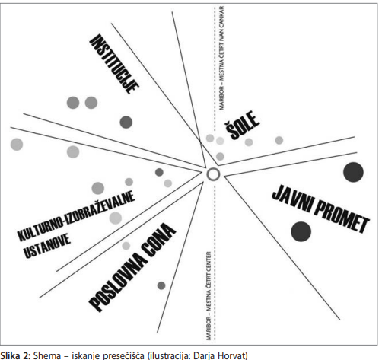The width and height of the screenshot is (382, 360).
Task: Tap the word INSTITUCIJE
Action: pos(114,64)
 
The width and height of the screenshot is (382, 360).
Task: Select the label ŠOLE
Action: pos(242,125)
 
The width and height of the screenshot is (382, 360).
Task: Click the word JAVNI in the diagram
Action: pos(292,199)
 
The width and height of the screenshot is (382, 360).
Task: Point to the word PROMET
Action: pos(342,216)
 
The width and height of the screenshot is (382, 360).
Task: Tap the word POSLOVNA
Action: pos(114,282)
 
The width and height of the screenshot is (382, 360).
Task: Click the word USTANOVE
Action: pos(46,246)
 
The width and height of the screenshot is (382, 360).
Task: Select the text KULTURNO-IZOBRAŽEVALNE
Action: pos(76,215)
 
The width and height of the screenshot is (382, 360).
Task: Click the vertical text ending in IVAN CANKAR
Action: pos(221,58)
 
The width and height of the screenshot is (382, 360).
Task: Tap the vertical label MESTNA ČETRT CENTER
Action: pos(209,296)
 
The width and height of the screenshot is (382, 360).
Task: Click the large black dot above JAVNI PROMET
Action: pos(353,172)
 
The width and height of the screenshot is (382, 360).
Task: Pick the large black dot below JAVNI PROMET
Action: pos(301,231)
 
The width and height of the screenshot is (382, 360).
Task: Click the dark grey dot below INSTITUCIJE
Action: pos(126,122)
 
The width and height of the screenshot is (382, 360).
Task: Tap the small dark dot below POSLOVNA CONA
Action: pos(161,285)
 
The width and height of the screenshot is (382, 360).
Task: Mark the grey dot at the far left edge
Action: pos(17,145)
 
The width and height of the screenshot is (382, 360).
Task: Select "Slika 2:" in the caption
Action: pos(16,355)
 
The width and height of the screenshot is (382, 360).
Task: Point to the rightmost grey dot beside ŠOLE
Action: pos(279,140)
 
